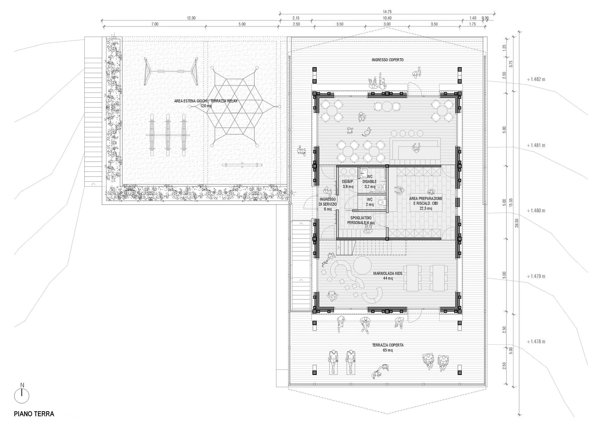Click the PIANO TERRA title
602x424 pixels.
(34, 414)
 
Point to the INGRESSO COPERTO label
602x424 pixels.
(387, 60)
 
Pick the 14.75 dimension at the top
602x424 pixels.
(387, 12)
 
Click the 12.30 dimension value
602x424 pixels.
(191, 18)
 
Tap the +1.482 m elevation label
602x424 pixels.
(536, 79)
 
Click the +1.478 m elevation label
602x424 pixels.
(536, 341)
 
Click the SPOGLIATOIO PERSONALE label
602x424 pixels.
(361, 220)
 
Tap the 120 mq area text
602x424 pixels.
(206, 106)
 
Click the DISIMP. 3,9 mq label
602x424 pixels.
(348, 184)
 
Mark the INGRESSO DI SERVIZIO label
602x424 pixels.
(328, 204)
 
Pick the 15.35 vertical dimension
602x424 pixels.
(511, 203)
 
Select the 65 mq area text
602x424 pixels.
(388, 350)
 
